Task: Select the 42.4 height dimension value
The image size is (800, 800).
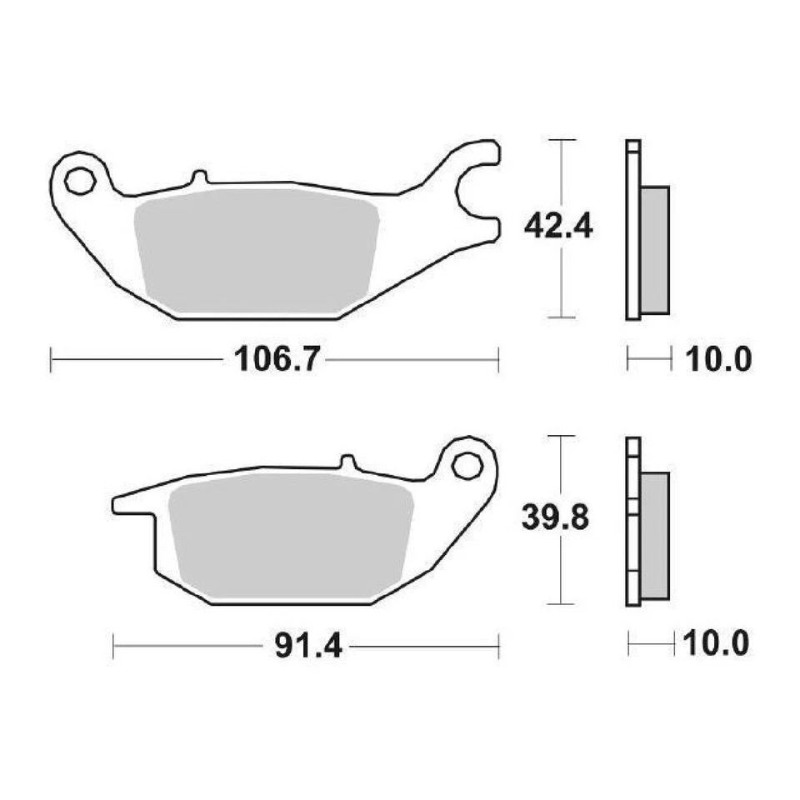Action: (557, 227)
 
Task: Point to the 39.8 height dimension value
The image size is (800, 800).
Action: (556, 518)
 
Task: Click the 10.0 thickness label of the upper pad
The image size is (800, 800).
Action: (718, 360)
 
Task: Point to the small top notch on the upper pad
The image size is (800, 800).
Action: (198, 177)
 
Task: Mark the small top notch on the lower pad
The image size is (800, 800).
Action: (348, 461)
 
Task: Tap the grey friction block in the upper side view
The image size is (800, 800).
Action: (655, 250)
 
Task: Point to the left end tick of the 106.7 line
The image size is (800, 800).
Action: (52, 360)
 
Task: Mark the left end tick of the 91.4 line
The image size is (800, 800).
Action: (113, 646)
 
